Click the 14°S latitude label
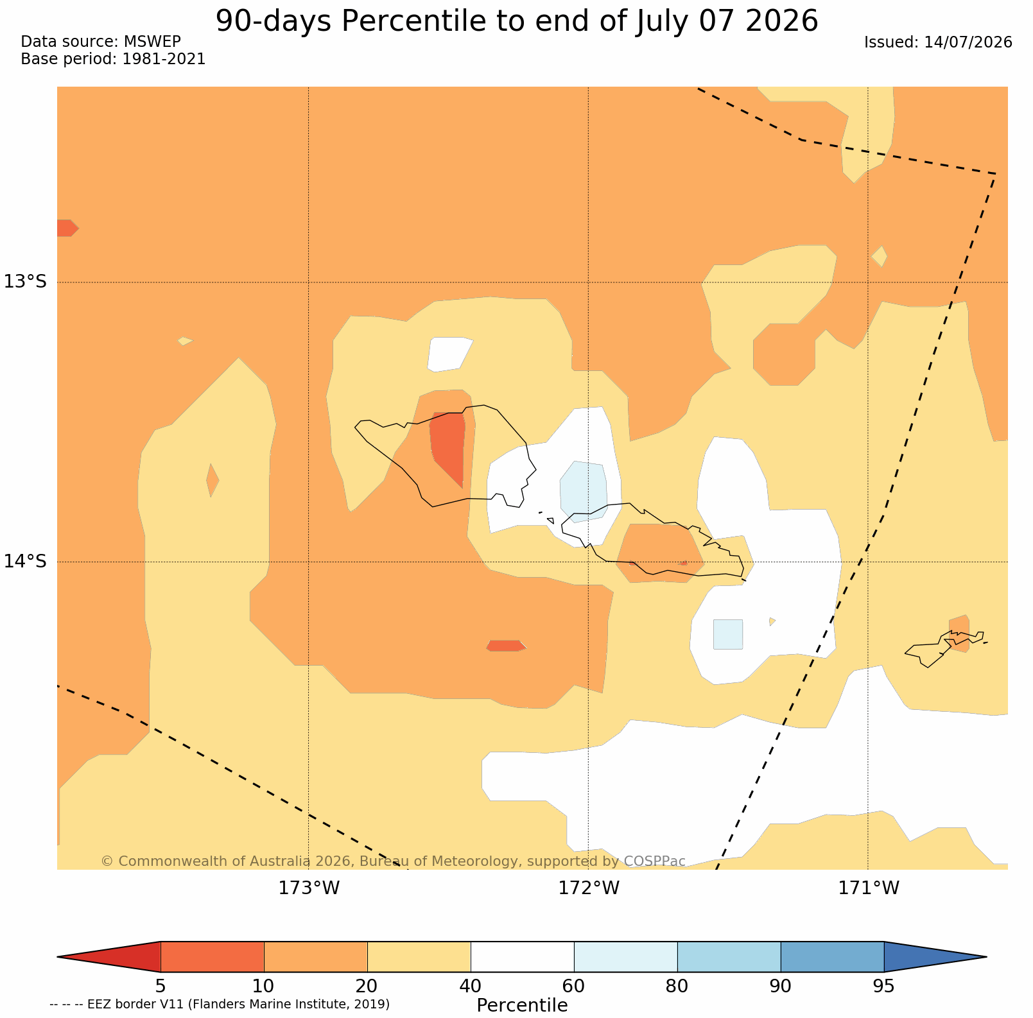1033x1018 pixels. (26, 561)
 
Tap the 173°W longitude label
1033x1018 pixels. (309, 888)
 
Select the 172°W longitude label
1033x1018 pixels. (589, 888)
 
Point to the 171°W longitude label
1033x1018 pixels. (869, 888)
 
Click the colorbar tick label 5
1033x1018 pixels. (161, 986)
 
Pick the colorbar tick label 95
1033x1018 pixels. (884, 986)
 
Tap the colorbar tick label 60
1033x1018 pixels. (574, 986)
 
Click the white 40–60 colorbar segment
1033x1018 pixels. (522, 956)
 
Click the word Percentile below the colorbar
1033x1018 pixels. (522, 1005)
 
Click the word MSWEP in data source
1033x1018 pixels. (152, 42)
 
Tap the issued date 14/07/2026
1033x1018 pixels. (968, 42)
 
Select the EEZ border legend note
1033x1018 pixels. (220, 1004)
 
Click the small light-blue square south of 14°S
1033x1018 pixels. (728, 634)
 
